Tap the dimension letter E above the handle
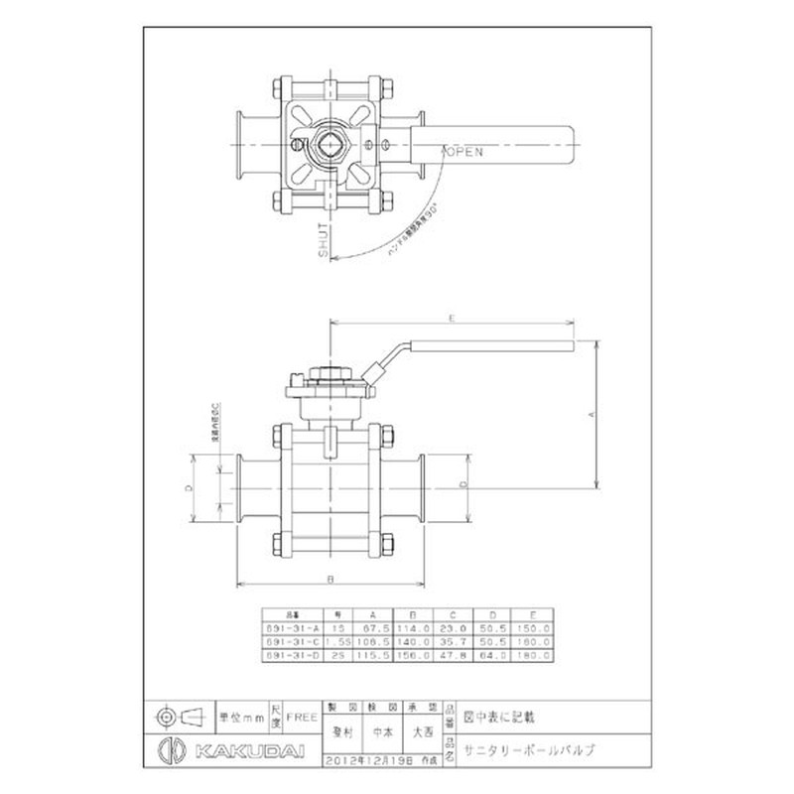pyautogui.click(x=451, y=319)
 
